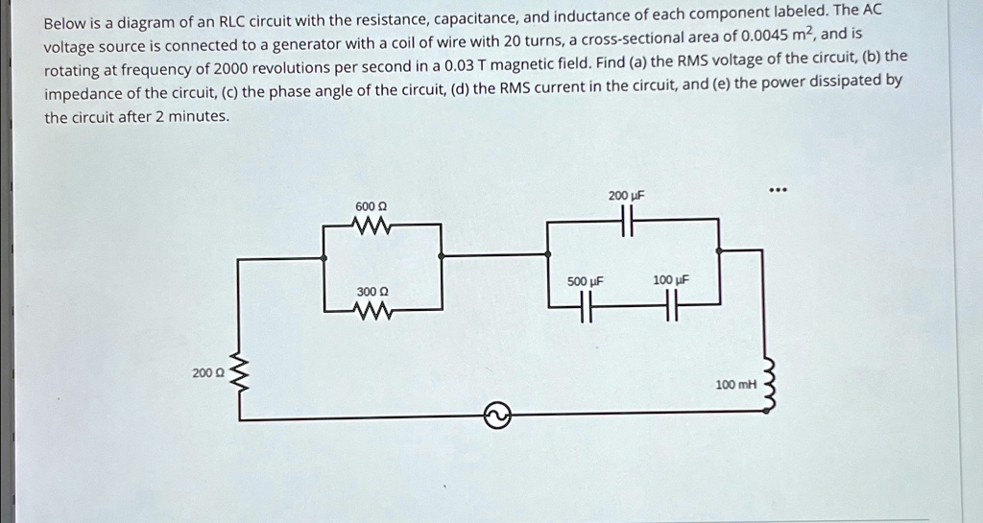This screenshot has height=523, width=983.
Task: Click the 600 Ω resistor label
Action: coord(371,207)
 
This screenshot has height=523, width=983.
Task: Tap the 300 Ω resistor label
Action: coord(372,291)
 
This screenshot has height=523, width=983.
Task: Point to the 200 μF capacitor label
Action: coord(625,196)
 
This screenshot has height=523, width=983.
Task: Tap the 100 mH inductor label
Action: coord(736,385)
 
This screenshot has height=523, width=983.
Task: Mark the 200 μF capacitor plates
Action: coord(626,222)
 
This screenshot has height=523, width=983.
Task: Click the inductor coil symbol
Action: coord(766,385)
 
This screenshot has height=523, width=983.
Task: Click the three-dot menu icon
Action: coord(778,189)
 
